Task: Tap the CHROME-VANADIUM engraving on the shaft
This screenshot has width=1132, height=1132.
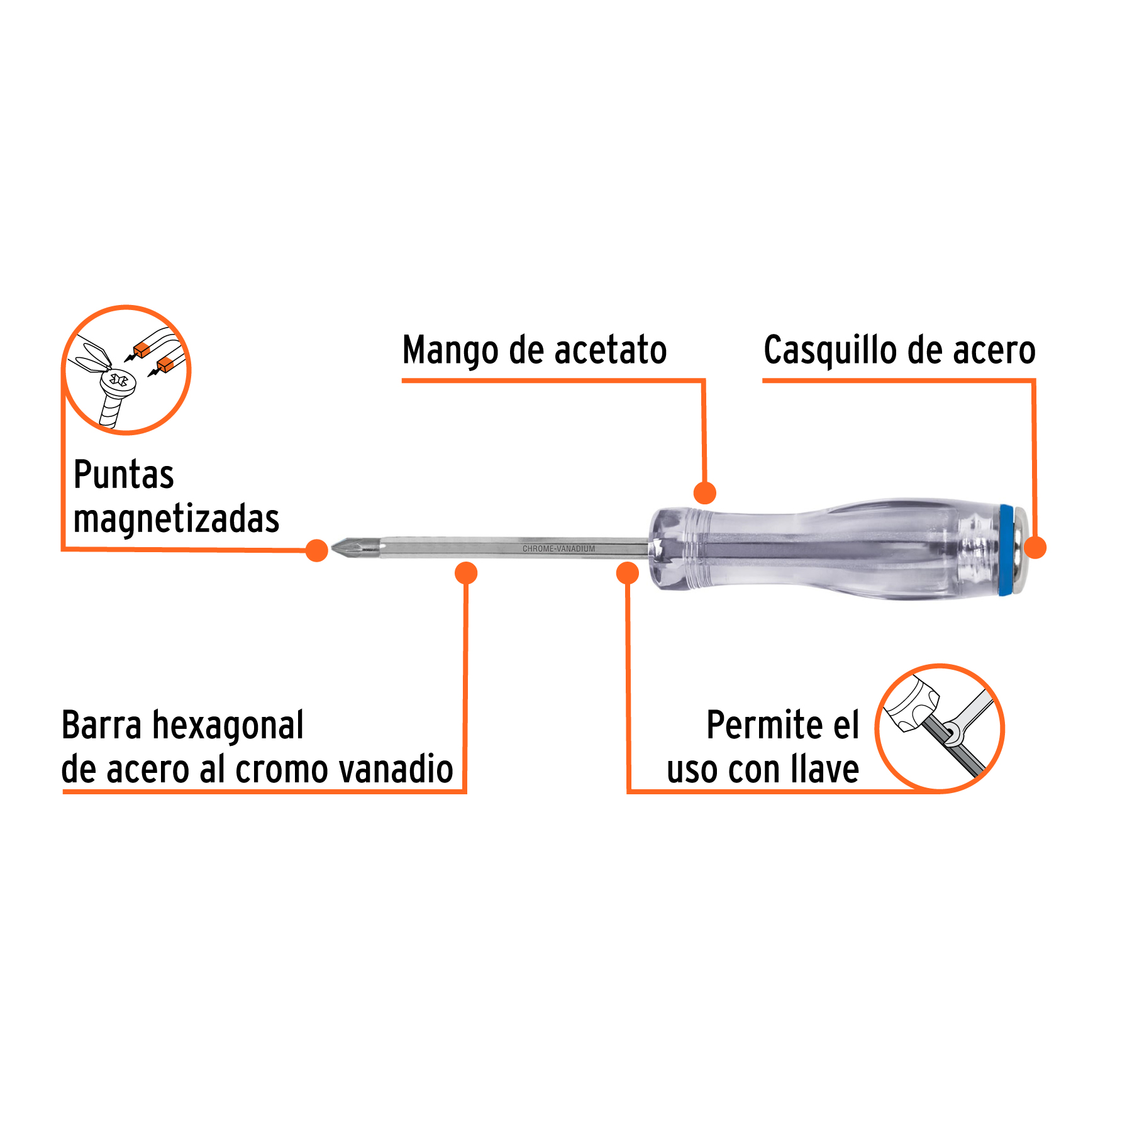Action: (558, 549)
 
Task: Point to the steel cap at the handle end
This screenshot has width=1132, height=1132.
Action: (1021, 549)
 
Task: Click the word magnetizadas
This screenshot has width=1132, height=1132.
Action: (176, 519)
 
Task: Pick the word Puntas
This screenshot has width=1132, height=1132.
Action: (123, 475)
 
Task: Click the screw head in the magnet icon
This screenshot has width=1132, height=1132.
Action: (118, 381)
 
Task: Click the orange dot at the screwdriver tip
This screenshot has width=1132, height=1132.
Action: (317, 550)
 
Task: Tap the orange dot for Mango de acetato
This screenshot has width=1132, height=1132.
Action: (705, 493)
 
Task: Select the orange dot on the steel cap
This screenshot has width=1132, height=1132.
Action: (1035, 547)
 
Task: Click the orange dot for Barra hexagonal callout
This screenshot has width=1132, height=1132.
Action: (466, 573)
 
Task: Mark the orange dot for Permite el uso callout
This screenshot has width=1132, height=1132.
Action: (628, 573)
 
